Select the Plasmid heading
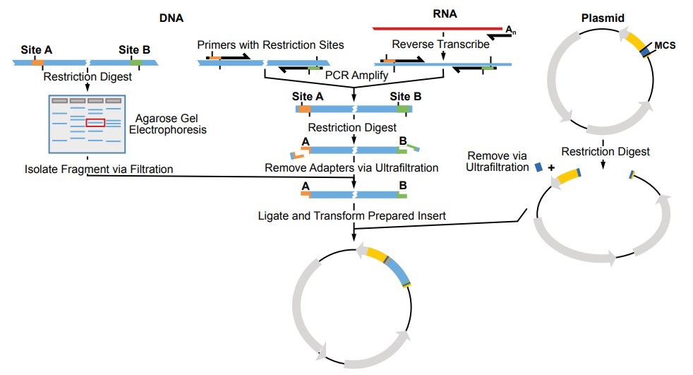[603, 18]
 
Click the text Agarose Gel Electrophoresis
[167, 124]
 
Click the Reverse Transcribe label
[440, 44]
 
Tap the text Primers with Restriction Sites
[270, 44]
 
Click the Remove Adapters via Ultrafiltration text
[351, 168]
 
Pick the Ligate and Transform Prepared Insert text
[351, 215]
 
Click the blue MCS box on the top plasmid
[644, 52]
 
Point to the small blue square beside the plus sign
[538, 167]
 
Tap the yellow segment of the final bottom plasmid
[375, 254]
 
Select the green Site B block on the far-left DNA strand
[134, 62]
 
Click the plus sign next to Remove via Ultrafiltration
[552, 168]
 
